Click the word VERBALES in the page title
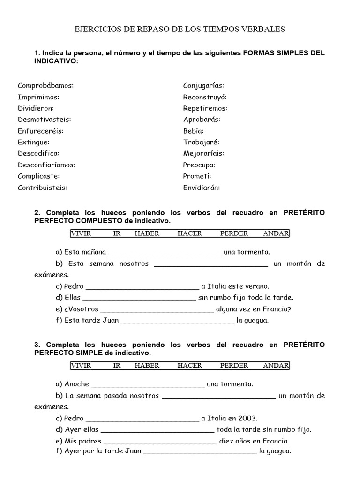point(263,29)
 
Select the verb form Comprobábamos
point(46,85)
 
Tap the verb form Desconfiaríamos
point(46,165)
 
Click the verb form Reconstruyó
point(205,97)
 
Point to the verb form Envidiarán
point(202,187)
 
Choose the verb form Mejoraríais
point(203,153)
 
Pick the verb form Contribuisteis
point(43,187)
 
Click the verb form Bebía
point(194,131)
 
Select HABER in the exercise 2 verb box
point(147,233)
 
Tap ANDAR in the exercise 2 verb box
point(276,233)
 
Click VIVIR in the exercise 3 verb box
point(81,365)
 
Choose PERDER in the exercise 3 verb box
point(234,365)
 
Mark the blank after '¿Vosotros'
point(157,309)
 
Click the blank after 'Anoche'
point(148,384)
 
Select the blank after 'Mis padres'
point(160,441)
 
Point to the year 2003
point(248,418)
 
